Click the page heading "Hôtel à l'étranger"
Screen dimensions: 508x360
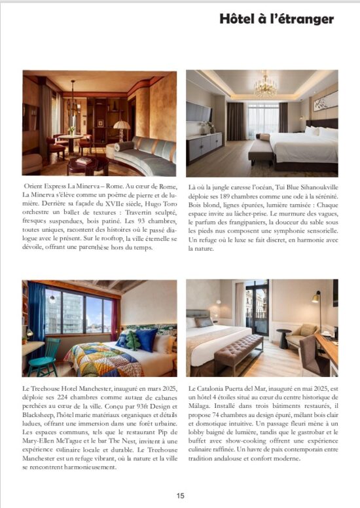coord(277,19)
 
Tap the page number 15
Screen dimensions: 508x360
coord(180,496)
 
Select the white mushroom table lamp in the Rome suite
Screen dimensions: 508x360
coord(122,125)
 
